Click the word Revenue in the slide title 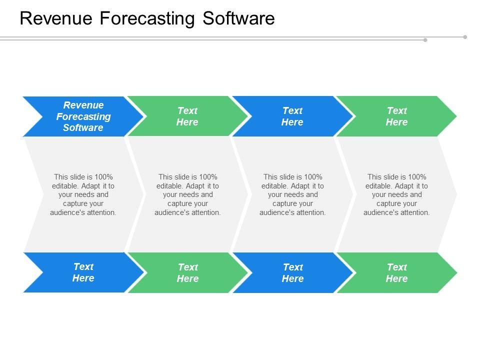click(x=56, y=18)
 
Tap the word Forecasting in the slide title click(x=147, y=19)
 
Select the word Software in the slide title click(x=238, y=18)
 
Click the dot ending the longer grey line click(x=465, y=37)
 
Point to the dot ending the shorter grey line click(x=425, y=40)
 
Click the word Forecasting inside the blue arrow click(x=83, y=116)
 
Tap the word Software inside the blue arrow click(x=83, y=127)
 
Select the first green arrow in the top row click(x=187, y=116)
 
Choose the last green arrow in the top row click(x=396, y=116)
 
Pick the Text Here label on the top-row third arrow click(x=292, y=116)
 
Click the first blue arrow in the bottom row click(x=83, y=272)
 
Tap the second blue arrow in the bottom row click(x=292, y=272)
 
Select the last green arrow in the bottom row click(x=397, y=272)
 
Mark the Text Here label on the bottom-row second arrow click(x=188, y=273)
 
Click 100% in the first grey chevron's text click(x=104, y=177)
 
